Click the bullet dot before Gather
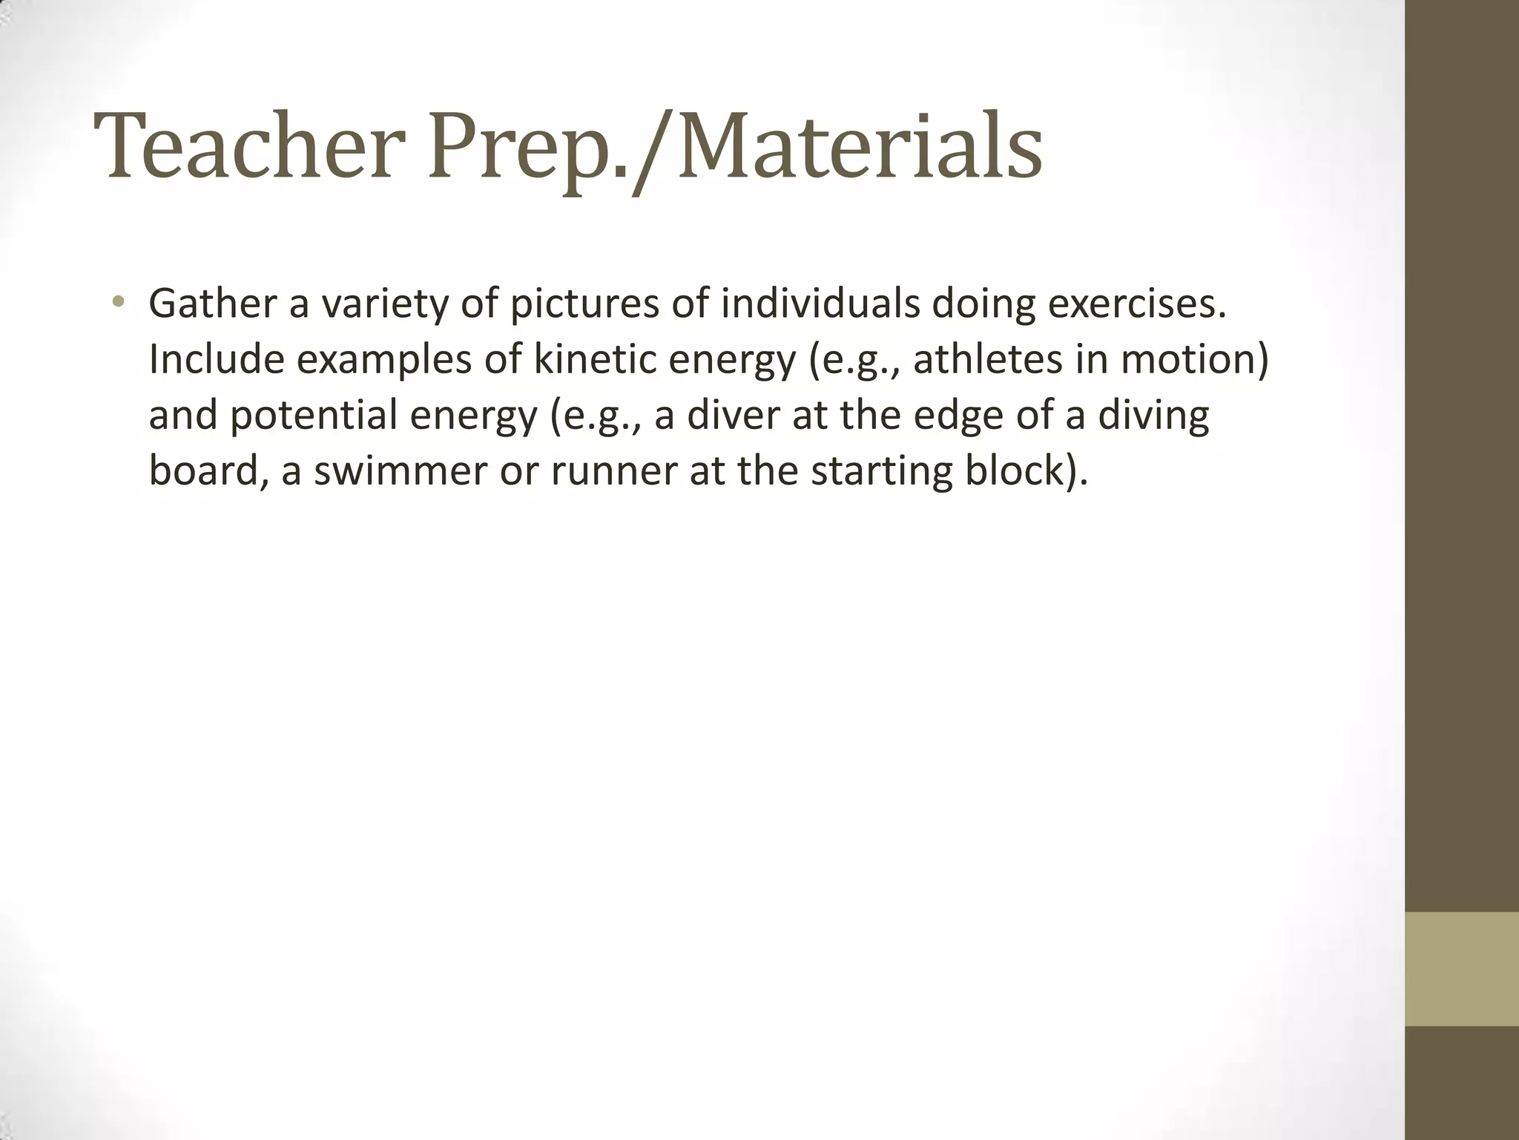click(118, 301)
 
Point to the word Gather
click(212, 304)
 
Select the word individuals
click(820, 304)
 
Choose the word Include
click(217, 359)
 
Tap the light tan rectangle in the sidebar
click(1462, 969)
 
